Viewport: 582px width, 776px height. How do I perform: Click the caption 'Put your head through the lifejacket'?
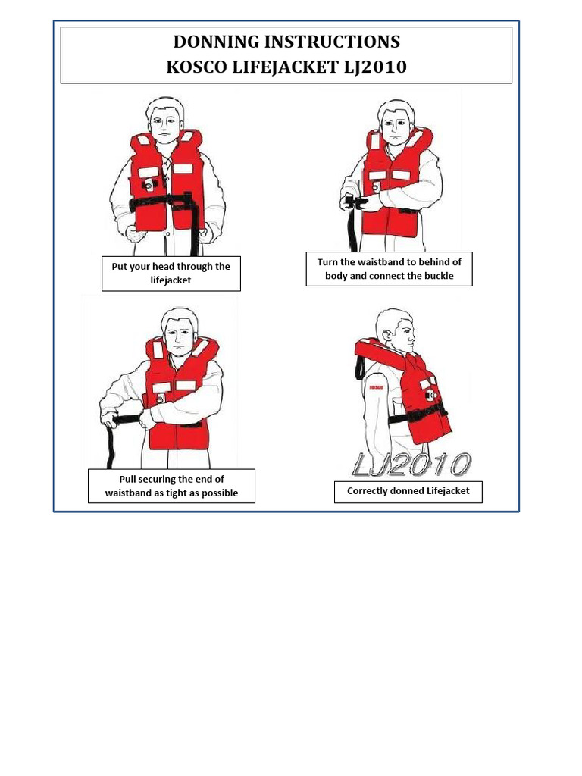click(x=171, y=274)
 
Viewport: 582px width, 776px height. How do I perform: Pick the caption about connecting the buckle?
click(x=389, y=269)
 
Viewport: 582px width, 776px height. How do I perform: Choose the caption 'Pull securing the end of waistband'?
click(x=171, y=486)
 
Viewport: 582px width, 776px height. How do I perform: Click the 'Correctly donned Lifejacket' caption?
click(x=408, y=491)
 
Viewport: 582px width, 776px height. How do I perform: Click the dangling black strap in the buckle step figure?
click(x=353, y=227)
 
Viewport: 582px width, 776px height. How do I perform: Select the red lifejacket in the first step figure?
click(x=167, y=182)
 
